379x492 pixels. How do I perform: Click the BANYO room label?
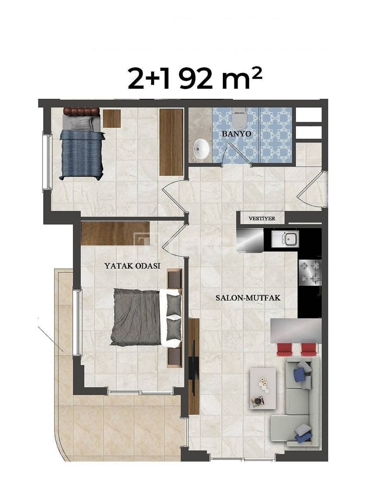click(237, 134)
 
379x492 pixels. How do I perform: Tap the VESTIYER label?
click(262, 218)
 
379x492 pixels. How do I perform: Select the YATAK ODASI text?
click(132, 266)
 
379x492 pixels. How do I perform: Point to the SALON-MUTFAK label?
click(248, 298)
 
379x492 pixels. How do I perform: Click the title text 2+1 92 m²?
click(195, 78)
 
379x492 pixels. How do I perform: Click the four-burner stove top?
click(310, 271)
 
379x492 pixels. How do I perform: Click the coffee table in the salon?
click(263, 388)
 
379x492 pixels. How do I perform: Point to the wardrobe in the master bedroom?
click(115, 233)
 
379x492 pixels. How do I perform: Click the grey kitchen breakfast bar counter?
click(296, 331)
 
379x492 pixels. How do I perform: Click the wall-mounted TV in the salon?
click(194, 367)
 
